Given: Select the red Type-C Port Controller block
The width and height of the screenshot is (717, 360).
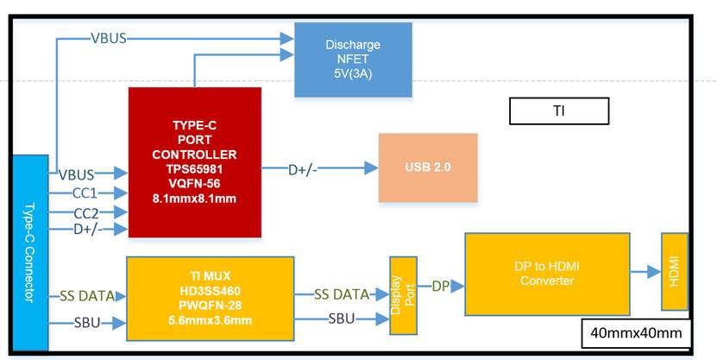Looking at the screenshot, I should point(194,161).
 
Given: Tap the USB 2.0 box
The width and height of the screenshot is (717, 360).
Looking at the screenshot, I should point(428,167).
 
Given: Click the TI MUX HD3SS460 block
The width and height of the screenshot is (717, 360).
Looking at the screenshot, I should point(210,298).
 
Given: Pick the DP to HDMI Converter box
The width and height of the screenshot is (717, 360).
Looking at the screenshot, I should point(547,273).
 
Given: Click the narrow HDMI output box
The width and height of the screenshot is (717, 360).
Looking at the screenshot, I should point(675,271).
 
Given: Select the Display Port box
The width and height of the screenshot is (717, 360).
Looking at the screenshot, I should point(402,296).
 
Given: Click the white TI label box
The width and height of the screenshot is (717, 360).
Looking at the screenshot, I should point(559,111).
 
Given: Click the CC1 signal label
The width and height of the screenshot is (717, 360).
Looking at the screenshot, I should point(85,193).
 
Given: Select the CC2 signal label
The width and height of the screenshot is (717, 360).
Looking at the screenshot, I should point(85,212).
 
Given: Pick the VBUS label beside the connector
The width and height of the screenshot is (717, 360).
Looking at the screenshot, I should point(77,174).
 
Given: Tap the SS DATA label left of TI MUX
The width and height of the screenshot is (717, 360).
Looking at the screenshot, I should point(86,296).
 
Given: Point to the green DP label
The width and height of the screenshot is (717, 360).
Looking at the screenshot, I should point(440,285).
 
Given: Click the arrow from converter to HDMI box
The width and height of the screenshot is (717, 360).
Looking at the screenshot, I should point(645,271).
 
